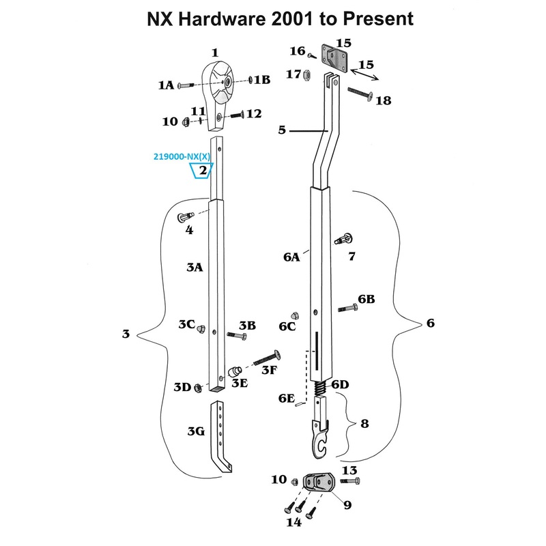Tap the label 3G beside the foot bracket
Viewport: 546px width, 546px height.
pos(196,431)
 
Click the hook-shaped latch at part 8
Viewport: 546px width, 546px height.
pos(321,437)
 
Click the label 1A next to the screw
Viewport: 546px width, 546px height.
pos(166,85)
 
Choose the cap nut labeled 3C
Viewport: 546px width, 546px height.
pos(201,330)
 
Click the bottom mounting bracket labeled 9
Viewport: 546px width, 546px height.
pos(317,483)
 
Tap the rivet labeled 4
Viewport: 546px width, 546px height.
pos(185,217)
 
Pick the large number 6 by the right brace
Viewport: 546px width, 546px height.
pos(430,323)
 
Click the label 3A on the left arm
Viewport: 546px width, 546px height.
pos(195,268)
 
